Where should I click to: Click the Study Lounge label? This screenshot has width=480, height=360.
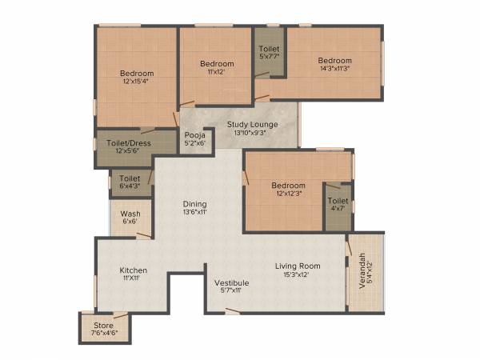pos(252,125)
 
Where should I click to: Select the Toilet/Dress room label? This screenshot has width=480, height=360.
pos(128,143)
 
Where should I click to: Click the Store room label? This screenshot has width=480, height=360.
pos(104,326)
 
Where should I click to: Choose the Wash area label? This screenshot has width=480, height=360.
pos(130,214)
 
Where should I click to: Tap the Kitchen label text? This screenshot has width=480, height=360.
pos(134,270)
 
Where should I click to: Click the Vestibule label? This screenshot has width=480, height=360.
pos(231,282)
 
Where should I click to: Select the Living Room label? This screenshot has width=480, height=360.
pos(298,266)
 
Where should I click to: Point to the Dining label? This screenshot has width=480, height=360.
pos(194,203)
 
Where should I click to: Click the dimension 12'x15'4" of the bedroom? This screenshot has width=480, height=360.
pos(138,82)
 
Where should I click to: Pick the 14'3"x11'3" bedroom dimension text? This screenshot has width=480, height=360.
pos(334,70)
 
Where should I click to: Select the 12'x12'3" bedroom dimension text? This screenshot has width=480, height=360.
pos(288,194)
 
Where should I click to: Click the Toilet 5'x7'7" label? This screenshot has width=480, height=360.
pos(269,54)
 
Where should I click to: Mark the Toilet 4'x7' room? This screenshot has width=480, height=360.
pos(338,205)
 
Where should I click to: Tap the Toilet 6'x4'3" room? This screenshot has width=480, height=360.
pos(130,182)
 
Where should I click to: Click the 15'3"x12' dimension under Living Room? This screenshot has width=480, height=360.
pos(298,274)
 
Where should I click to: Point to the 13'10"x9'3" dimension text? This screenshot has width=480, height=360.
pos(252,134)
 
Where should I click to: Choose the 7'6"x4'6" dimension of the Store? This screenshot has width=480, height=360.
pos(104,334)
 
